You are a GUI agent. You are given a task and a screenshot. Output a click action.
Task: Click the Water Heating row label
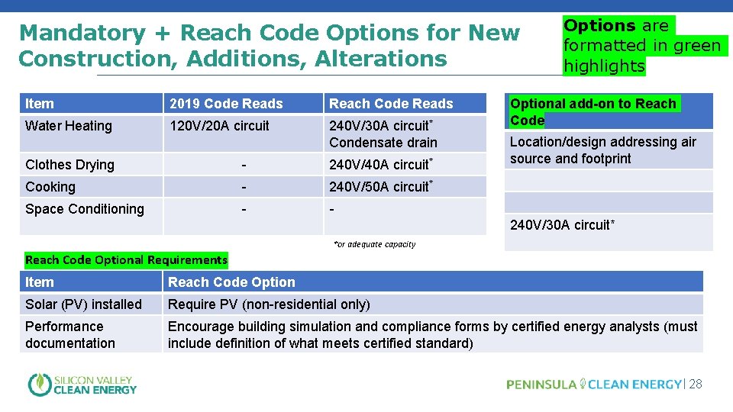click(x=69, y=126)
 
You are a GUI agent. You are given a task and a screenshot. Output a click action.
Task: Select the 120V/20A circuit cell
click(x=219, y=126)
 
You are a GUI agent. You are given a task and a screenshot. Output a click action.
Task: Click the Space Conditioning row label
click(x=85, y=209)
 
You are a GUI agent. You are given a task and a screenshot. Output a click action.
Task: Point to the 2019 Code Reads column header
click(x=226, y=104)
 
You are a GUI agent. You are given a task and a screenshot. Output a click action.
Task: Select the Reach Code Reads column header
click(x=391, y=104)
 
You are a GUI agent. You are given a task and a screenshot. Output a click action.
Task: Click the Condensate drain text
click(x=383, y=143)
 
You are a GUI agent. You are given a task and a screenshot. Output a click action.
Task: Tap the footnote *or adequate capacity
click(x=375, y=244)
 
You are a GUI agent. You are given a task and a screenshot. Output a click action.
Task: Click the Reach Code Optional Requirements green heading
click(x=126, y=260)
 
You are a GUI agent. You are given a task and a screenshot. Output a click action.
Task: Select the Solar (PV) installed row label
click(x=83, y=304)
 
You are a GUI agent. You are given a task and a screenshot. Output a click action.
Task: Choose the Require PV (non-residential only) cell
click(x=269, y=304)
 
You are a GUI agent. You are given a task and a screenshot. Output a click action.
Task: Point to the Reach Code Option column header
click(x=231, y=282)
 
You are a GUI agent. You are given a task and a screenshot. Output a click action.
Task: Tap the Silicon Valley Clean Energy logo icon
click(x=39, y=385)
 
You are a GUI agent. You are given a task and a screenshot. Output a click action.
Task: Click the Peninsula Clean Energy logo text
click(x=593, y=385)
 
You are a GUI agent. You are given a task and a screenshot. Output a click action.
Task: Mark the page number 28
click(x=695, y=385)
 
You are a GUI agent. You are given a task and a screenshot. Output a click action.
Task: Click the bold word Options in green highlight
click(x=599, y=26)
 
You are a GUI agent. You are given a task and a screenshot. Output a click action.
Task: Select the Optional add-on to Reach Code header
click(x=593, y=111)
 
